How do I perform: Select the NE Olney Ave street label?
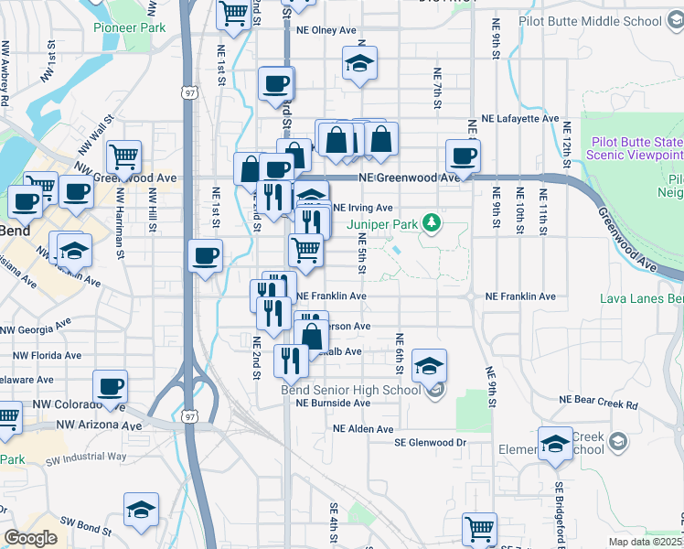pos(326,30)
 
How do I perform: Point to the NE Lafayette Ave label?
pos(519,119)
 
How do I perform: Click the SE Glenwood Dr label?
pos(430,443)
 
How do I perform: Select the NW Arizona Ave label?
pos(99,425)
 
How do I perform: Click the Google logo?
pos(31,538)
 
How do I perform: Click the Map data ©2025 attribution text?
pos(646,542)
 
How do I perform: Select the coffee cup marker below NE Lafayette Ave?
pos(464,155)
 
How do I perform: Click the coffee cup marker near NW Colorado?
pos(111,387)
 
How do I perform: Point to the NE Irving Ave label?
pos(364,208)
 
